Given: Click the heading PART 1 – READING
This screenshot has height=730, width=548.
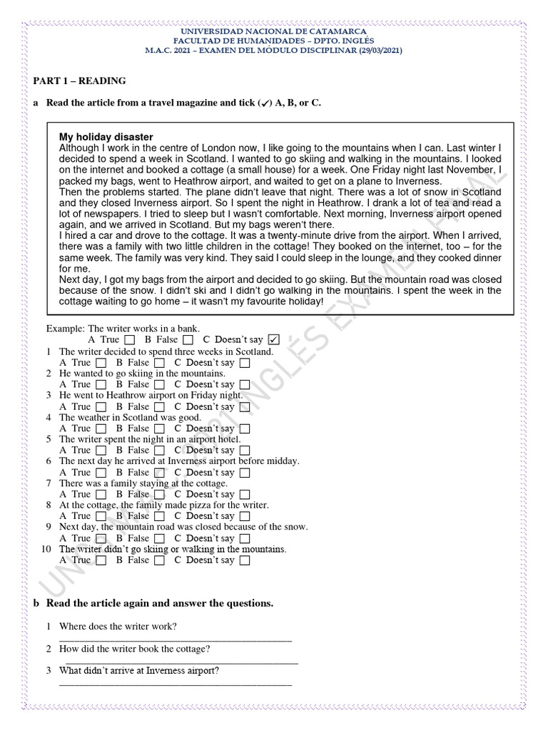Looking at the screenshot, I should pyautogui.click(x=80, y=81).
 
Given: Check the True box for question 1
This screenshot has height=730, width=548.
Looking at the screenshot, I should pyautogui.click(x=101, y=363).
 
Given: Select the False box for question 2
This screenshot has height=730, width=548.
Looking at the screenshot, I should pyautogui.click(x=160, y=385).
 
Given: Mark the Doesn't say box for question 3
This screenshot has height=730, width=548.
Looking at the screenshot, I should pyautogui.click(x=245, y=407).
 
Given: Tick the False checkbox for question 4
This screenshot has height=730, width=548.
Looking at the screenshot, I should pyautogui.click(x=160, y=429).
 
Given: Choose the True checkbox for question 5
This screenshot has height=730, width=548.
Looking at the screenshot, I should pyautogui.click(x=101, y=451).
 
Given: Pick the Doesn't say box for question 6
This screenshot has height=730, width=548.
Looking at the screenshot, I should pyautogui.click(x=245, y=473).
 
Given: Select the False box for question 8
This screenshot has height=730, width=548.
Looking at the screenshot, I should pyautogui.click(x=160, y=516).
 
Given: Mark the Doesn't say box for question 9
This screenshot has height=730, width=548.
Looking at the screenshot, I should pyautogui.click(x=245, y=538).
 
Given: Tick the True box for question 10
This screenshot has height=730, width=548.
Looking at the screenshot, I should pyautogui.click(x=101, y=560).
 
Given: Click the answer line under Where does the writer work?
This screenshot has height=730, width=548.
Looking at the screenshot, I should pyautogui.click(x=175, y=639).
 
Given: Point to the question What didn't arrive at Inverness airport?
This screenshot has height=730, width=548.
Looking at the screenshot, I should pyautogui.click(x=139, y=671).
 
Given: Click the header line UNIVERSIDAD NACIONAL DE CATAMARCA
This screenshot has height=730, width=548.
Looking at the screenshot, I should pyautogui.click(x=274, y=32).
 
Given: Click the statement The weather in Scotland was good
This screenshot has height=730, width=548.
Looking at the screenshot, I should pyautogui.click(x=130, y=418).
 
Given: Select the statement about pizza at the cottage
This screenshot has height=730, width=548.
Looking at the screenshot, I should pyautogui.click(x=163, y=505).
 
